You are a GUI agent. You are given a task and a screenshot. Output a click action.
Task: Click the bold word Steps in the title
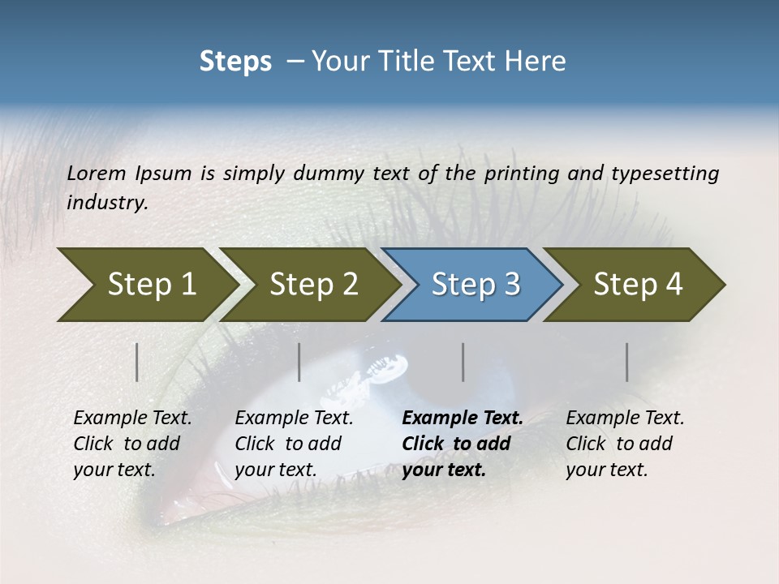pyautogui.click(x=235, y=62)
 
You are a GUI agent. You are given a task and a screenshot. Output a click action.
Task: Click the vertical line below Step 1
pyautogui.click(x=137, y=362)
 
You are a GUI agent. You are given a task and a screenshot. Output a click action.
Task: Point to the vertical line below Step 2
pyautogui.click(x=299, y=362)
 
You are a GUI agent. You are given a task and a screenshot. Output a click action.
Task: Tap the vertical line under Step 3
pyautogui.click(x=463, y=362)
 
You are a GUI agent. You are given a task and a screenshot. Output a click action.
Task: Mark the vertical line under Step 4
pyautogui.click(x=627, y=362)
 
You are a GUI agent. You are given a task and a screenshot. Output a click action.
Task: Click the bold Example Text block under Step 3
pyautogui.click(x=463, y=444)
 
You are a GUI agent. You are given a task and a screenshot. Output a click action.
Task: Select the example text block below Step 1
pyautogui.click(x=132, y=444)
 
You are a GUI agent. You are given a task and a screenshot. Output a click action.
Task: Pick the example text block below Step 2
pyautogui.click(x=294, y=444)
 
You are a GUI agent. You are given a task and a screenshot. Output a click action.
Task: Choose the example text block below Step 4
pyautogui.click(x=625, y=444)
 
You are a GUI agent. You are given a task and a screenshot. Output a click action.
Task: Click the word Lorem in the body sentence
pyautogui.click(x=97, y=174)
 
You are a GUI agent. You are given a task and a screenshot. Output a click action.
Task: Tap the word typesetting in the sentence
pyautogui.click(x=665, y=174)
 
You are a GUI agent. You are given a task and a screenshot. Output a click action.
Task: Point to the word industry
pyautogui.click(x=107, y=203)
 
